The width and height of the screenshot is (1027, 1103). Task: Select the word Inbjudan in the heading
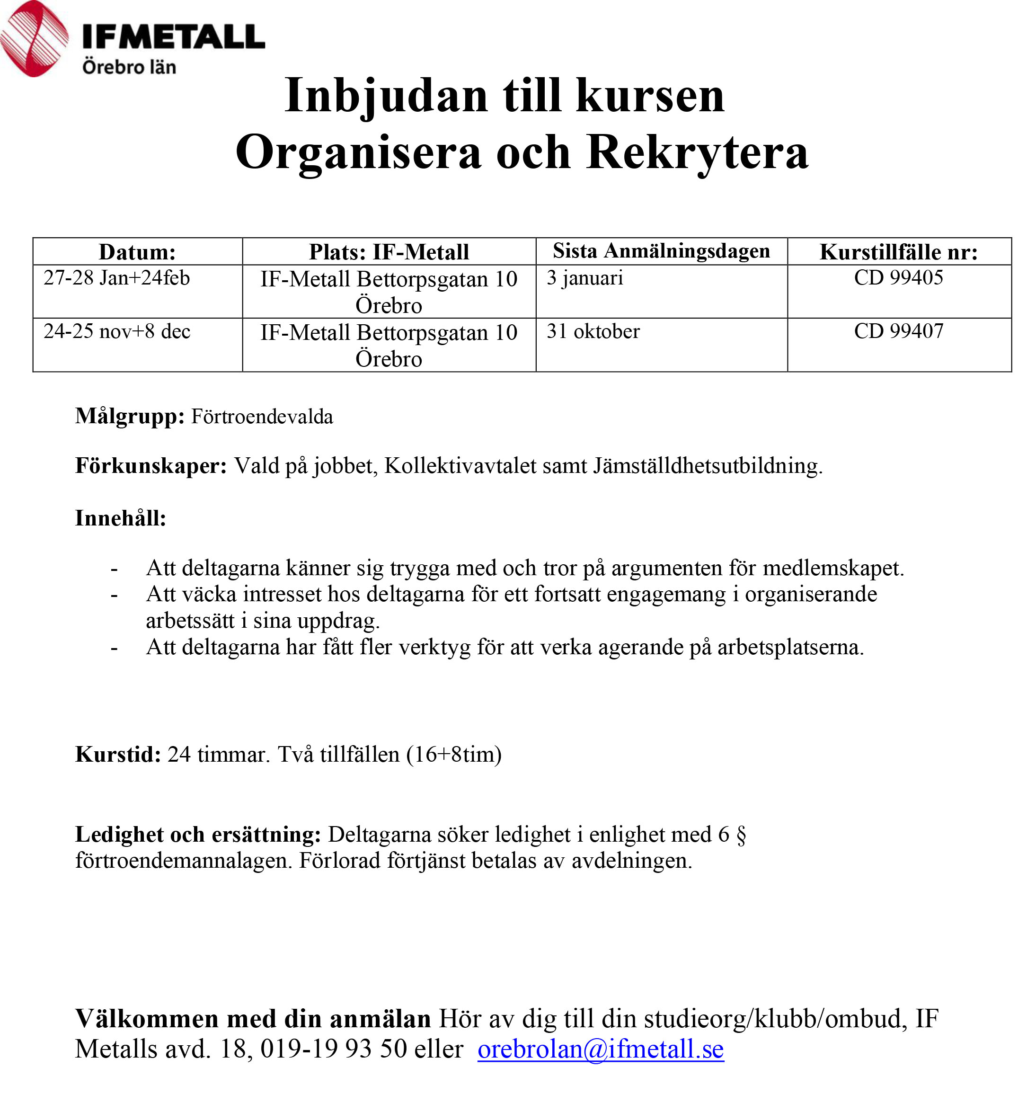click(x=386, y=96)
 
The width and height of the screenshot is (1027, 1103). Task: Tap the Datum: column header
click(x=137, y=252)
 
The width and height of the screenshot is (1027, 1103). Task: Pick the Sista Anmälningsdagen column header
click(x=661, y=251)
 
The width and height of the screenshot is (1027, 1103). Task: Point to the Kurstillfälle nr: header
click(x=898, y=252)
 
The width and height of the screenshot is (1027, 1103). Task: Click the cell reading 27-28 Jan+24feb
click(x=116, y=278)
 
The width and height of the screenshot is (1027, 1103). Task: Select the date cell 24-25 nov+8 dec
click(x=117, y=331)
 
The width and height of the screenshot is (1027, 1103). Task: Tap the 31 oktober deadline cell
click(x=593, y=331)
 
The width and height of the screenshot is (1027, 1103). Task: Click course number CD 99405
click(x=898, y=277)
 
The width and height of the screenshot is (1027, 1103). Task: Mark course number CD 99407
click(x=898, y=331)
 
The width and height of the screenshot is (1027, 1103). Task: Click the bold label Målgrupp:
click(x=130, y=416)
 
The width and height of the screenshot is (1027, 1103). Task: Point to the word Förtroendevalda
click(x=262, y=417)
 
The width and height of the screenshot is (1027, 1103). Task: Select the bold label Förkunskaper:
click(x=151, y=465)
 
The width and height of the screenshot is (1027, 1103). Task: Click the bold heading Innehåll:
click(x=120, y=518)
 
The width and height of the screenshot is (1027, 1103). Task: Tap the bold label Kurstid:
click(x=118, y=754)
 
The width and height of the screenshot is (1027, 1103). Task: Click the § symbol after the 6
click(x=741, y=835)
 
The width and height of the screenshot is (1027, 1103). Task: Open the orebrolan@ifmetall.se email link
click(x=600, y=1049)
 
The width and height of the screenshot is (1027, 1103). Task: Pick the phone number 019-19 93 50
click(x=334, y=1049)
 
